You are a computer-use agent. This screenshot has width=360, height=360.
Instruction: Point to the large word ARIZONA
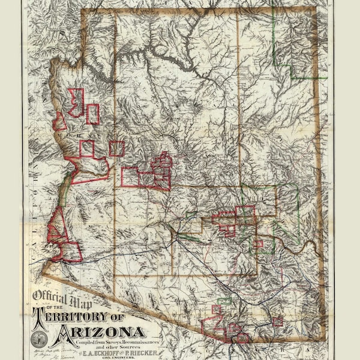[x=98, y=332]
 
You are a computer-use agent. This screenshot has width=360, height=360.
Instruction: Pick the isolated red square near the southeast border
[x=277, y=321]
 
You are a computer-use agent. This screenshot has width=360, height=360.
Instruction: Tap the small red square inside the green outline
[x=258, y=244]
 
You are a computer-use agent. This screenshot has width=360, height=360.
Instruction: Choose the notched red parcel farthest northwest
[x=76, y=102]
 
